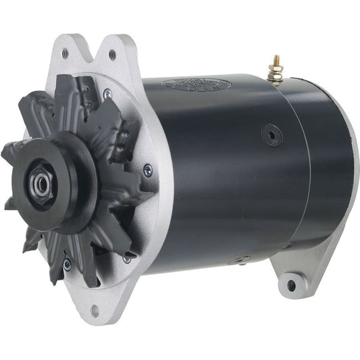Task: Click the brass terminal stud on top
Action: click(x=276, y=68)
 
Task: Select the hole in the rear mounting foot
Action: click(x=292, y=284)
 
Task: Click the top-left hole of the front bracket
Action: click(x=65, y=51)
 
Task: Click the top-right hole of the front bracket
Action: click(x=111, y=54)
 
